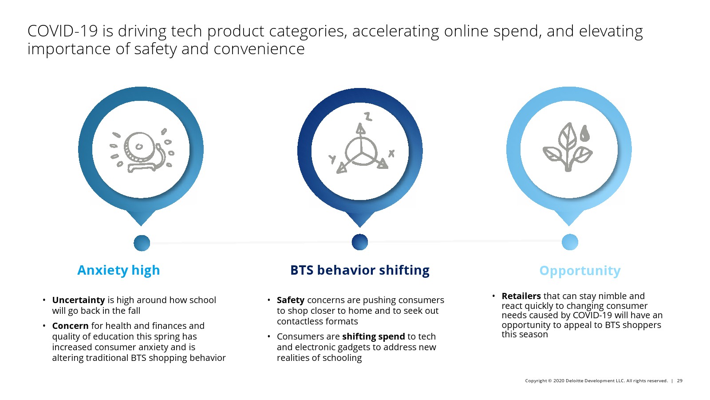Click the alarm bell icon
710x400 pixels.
142,151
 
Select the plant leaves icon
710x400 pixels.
568,147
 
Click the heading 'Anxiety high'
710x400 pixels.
118,271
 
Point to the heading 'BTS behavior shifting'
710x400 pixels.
360,270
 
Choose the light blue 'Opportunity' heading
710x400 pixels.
580,271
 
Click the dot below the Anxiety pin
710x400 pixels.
142,243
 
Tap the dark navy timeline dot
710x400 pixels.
360,242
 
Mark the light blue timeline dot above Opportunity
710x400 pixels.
570,242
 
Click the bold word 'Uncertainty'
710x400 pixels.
78,300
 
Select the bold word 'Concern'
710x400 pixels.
70,326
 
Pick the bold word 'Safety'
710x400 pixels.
290,300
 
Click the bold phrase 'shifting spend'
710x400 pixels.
373,336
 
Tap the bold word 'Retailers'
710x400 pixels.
521,296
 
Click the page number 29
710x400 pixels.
679,380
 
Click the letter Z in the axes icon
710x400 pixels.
368,116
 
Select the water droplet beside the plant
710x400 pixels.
585,133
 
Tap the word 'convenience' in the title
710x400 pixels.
259,49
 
